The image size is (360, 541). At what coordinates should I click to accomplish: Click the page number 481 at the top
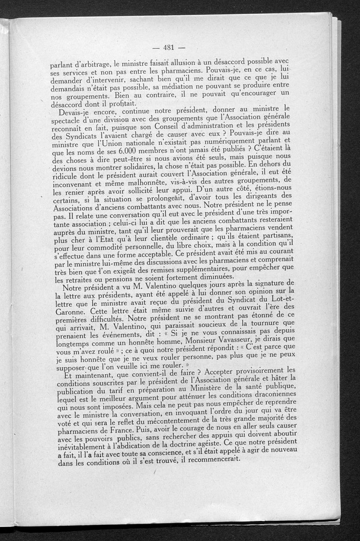(169, 48)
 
